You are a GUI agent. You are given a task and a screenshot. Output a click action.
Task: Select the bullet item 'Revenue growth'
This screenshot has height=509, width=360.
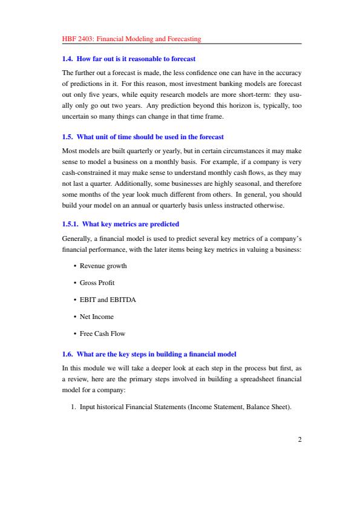click(x=103, y=266)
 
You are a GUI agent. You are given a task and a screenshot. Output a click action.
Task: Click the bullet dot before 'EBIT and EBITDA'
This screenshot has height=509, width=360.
click(x=74, y=300)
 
